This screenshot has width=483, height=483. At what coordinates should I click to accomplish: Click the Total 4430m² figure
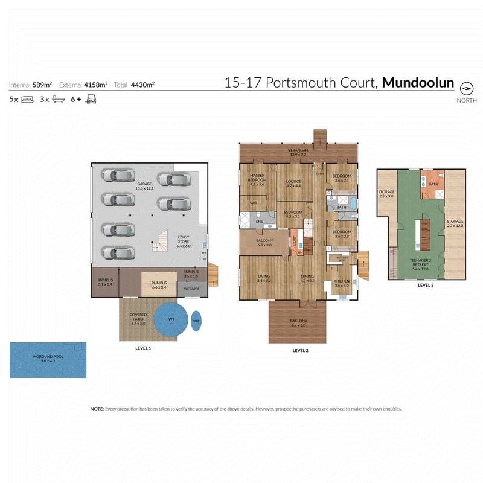144,85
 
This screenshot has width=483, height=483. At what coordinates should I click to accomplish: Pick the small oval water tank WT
196,321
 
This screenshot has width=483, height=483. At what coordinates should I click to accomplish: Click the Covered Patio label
139,318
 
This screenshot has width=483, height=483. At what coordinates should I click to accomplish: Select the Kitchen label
342,283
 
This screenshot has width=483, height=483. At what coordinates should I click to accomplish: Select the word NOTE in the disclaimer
97,409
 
